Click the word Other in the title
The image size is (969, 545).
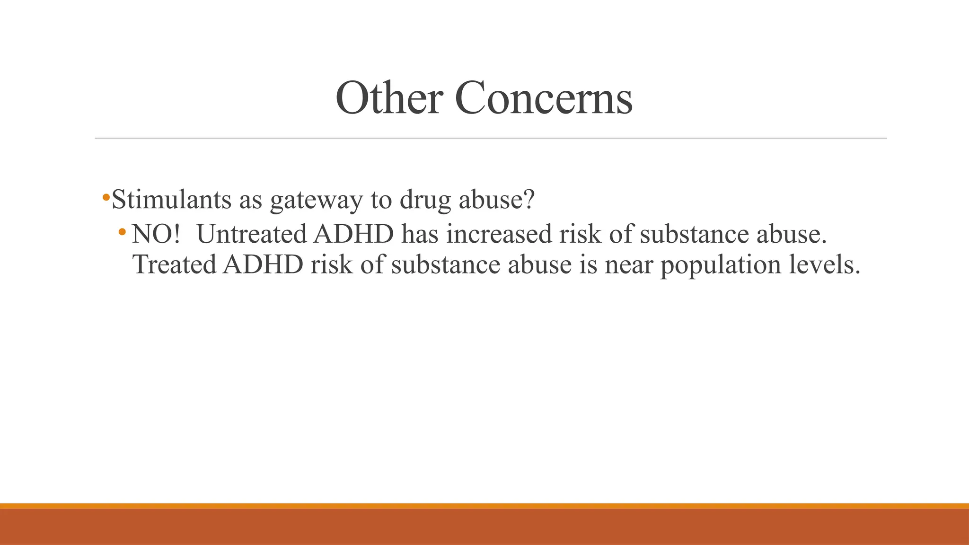pos(389,98)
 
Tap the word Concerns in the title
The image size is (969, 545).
pos(544,98)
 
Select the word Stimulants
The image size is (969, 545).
pos(171,200)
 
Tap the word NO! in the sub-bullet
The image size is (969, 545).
pos(156,234)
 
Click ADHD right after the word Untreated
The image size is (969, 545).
pos(353,234)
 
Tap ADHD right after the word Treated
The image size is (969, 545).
pos(263,264)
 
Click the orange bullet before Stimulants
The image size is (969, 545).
pos(106,196)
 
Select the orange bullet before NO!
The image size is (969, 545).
pos(123,232)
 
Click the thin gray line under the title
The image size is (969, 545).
pos(491,138)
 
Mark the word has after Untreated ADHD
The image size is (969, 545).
pos(420,234)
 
